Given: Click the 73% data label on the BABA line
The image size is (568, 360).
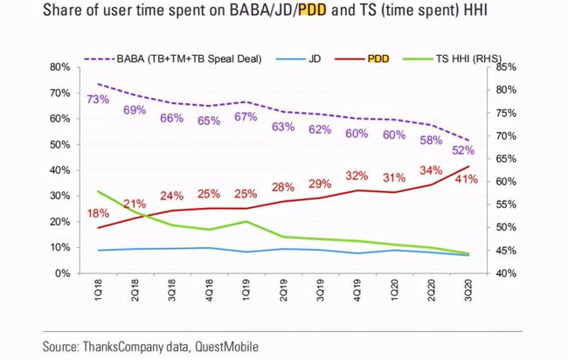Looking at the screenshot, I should [x=98, y=100].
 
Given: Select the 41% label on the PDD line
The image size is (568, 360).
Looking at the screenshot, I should [x=466, y=179].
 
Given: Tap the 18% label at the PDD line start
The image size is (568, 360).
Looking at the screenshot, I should [x=98, y=214].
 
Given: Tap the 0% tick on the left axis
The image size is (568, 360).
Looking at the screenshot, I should [x=62, y=273].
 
